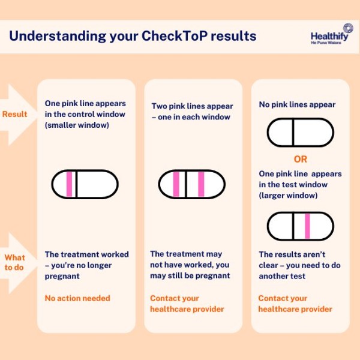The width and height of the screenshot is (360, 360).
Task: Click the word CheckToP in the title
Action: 175,36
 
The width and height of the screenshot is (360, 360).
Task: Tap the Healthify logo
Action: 329,34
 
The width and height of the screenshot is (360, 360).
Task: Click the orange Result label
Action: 14,114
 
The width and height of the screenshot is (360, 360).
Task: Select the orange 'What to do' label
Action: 14,262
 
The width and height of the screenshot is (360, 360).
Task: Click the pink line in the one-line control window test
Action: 70,184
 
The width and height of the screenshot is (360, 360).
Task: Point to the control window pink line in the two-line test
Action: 176,184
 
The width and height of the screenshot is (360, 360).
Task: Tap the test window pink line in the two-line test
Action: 201,184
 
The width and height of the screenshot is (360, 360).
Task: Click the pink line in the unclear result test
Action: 307,226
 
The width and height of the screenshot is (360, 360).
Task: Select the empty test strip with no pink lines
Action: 301,133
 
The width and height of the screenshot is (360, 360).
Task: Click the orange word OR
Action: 301,159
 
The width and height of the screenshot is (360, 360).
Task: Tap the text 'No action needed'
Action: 77,298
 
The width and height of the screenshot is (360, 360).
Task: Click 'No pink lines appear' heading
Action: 297,104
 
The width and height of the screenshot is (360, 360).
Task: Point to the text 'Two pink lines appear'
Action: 193,106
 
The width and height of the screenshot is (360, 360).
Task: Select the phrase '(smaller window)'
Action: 77,125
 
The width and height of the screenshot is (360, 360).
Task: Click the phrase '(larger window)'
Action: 288,196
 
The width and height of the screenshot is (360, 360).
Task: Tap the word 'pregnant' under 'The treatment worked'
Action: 62,276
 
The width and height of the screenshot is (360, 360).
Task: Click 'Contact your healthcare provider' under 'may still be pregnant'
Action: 187,304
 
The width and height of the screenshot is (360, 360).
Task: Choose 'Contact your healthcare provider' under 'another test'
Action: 295,304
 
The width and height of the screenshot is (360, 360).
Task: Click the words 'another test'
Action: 282,276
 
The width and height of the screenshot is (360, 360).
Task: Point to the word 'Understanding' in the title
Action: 58,37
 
